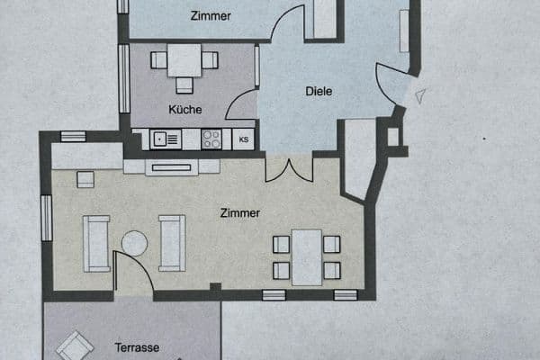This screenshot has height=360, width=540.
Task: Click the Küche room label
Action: (184, 110)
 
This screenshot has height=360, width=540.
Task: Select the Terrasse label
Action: (137, 346)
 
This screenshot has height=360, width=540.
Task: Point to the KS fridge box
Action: (244, 139)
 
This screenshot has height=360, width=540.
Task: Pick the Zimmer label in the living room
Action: (240, 213)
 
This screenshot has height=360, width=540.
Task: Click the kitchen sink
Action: (166, 139)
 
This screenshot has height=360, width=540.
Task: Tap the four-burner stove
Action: (211, 139)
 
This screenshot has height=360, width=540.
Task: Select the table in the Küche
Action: (184, 61)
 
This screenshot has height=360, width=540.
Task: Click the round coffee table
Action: (134, 243)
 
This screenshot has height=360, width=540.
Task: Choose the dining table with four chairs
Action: (307, 256)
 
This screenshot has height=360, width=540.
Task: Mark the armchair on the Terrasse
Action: (74, 346)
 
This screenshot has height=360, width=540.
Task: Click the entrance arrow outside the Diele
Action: (420, 94)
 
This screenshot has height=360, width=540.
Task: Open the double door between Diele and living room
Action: (289, 169)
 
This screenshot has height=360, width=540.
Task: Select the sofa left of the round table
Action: (96, 243)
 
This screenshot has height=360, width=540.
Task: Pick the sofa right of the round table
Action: (171, 243)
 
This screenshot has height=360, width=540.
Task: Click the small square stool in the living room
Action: (85, 179)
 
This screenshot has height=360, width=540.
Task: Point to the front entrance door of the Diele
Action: (392, 86)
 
